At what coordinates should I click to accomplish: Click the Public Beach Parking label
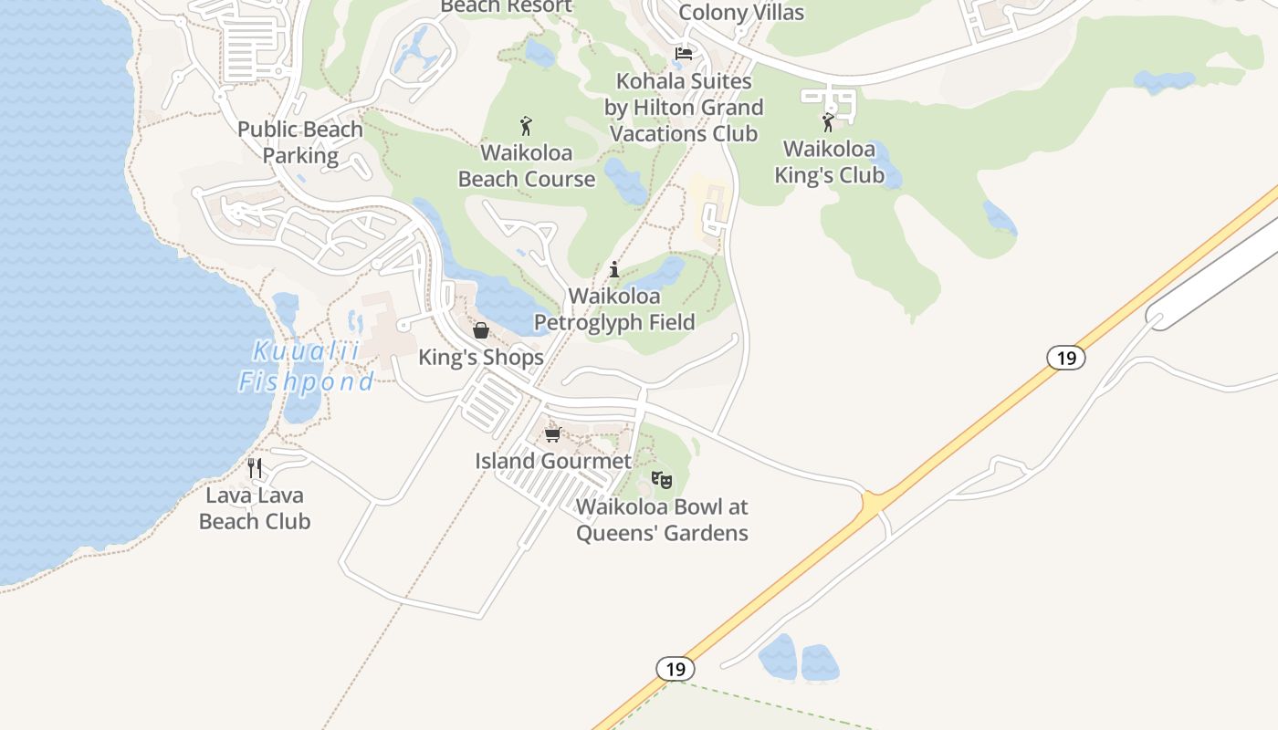click(300, 142)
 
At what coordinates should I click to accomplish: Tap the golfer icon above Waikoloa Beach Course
click(526, 126)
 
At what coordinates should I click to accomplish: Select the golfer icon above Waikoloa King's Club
click(829, 122)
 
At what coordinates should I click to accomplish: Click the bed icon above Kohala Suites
click(683, 54)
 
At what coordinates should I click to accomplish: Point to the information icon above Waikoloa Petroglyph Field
click(614, 270)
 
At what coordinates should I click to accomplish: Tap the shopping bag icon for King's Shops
click(481, 330)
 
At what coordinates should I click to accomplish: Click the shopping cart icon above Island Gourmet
click(552, 434)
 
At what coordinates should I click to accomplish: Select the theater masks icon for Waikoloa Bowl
click(662, 480)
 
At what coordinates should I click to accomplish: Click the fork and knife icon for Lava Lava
click(255, 468)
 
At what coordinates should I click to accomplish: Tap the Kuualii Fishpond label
click(306, 366)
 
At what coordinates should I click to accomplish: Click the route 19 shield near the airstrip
click(1066, 358)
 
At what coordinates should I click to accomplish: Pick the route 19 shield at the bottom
click(675, 669)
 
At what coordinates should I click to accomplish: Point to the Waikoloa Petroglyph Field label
click(614, 309)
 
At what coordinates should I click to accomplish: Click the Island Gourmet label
click(553, 461)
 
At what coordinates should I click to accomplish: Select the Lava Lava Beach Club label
click(255, 508)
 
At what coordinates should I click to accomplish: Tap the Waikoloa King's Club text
click(829, 162)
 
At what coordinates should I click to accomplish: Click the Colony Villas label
click(741, 12)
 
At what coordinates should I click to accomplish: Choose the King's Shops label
click(481, 358)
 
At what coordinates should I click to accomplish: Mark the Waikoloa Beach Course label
click(527, 165)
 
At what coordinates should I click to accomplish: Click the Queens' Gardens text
click(662, 533)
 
